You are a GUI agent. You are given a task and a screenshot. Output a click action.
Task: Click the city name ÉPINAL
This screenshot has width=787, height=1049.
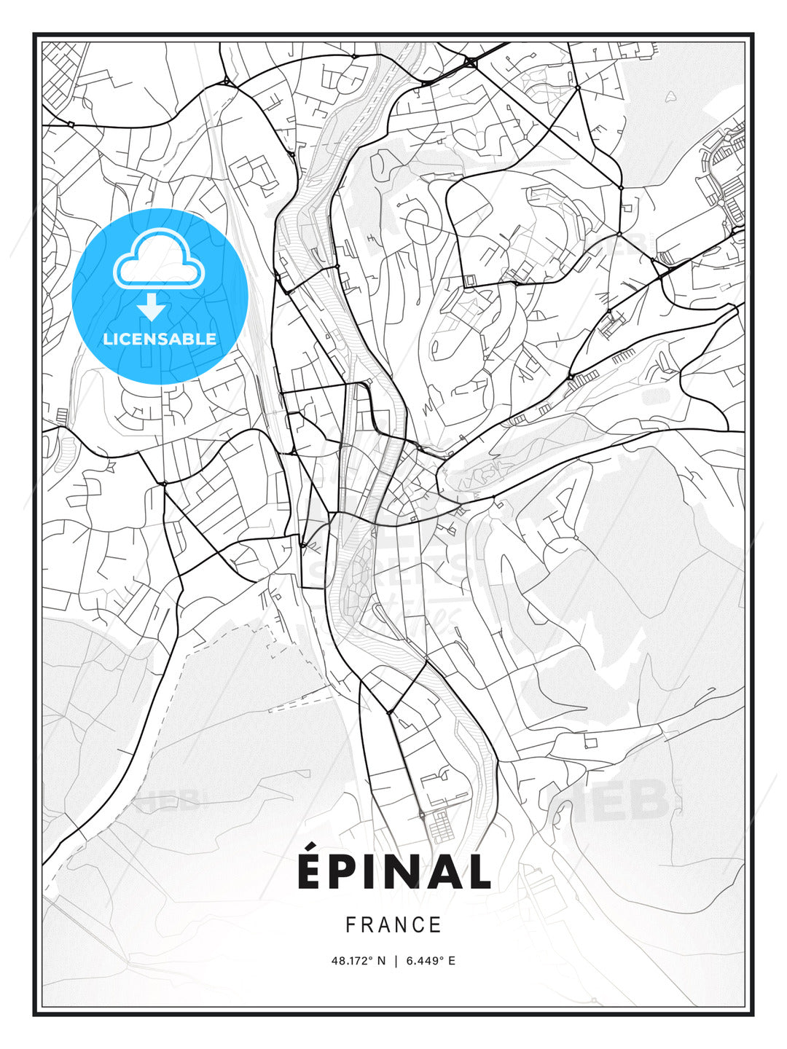coord(393,871)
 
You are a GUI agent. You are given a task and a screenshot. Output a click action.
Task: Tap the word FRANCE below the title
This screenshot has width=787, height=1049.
coord(393,925)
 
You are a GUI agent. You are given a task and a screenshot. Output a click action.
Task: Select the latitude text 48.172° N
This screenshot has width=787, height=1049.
coord(358,961)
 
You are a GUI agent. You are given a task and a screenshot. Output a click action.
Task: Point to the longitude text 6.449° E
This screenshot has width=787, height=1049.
coord(431,961)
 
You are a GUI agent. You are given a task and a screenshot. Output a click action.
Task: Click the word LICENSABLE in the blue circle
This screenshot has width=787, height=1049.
coord(160,339)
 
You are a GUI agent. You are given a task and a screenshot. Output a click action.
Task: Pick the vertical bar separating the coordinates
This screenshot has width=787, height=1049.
coord(394,961)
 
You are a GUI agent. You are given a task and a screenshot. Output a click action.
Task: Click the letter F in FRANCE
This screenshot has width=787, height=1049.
coord(351,925)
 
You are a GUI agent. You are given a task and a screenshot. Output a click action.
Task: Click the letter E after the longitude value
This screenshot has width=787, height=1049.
coord(452,961)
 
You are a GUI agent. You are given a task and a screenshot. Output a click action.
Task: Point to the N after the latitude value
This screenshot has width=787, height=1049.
coord(380,961)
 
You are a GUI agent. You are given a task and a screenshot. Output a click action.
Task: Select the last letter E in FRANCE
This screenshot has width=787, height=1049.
coord(436,925)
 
